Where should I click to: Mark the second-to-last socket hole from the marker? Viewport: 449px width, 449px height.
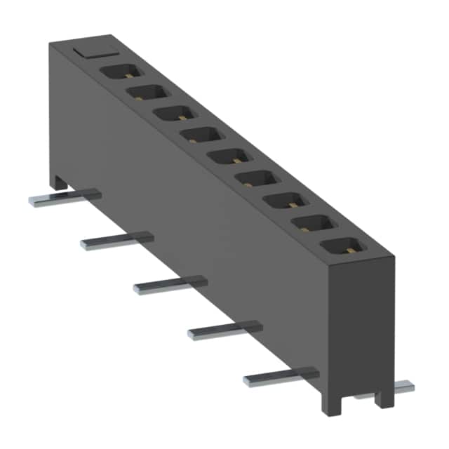click(309, 224)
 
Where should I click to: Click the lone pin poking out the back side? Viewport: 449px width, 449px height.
click(403, 386)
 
